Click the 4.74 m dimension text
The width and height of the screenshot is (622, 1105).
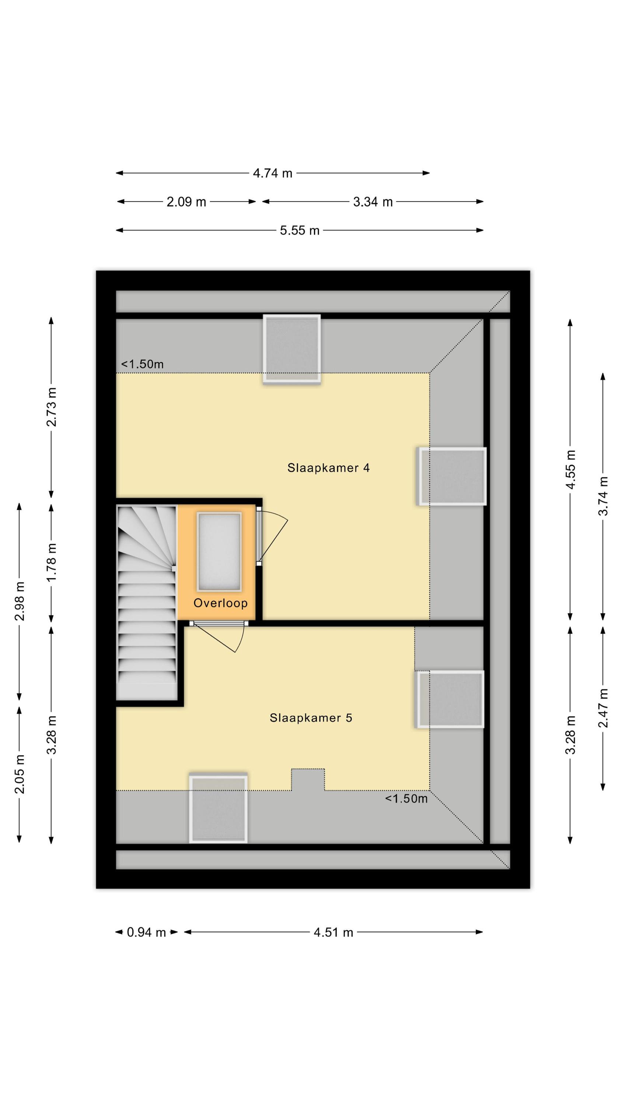tap(273, 173)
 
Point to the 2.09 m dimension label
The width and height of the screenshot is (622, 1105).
tap(186, 202)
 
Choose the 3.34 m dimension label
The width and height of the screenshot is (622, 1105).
tap(373, 202)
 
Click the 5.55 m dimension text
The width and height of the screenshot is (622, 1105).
tap(300, 231)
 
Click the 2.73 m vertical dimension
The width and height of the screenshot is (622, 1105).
tap(52, 407)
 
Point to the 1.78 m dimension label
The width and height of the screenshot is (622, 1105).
tap(52, 562)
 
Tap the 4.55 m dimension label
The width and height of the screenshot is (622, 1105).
tap(570, 469)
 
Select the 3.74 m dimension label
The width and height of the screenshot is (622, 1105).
tap(603, 496)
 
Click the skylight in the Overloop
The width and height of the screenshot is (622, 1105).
tap(219, 552)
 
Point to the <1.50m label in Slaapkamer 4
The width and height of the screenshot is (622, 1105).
tap(142, 364)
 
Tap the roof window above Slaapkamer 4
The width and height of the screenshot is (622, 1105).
tap(292, 349)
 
